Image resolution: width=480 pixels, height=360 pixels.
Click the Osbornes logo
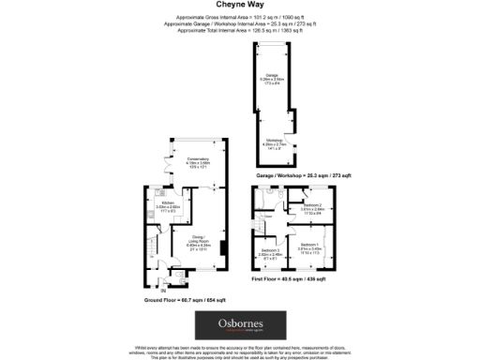(239, 325)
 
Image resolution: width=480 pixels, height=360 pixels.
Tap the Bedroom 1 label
(310, 246)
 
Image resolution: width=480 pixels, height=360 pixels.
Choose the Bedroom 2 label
(312, 206)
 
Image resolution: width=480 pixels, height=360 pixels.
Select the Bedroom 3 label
(268, 251)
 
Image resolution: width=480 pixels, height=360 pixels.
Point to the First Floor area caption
(288, 279)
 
